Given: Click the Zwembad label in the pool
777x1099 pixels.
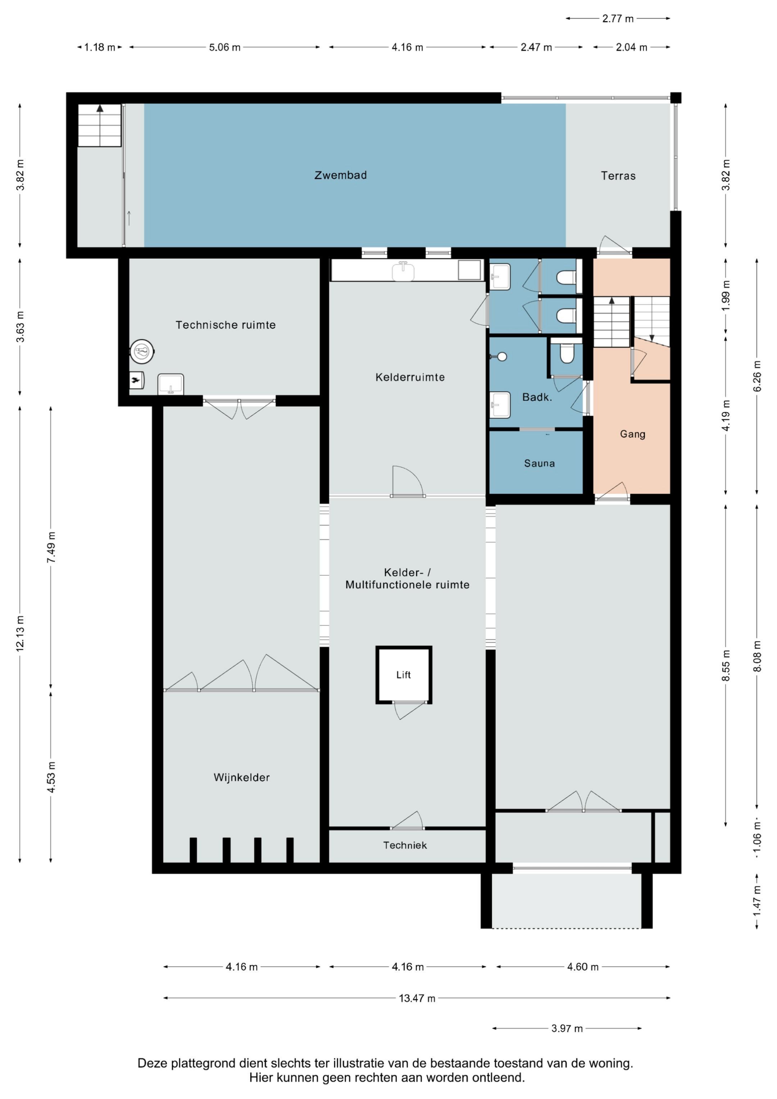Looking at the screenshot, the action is pos(340,175).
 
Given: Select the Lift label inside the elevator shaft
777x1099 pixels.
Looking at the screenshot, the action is pos(404,675).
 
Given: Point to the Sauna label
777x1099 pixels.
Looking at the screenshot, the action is pos(540,463).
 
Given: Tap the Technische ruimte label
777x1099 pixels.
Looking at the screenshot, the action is pos(226,325).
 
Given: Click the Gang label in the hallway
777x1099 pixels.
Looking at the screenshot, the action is pos(632,434).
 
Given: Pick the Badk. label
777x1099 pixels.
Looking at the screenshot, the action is pos(537,397).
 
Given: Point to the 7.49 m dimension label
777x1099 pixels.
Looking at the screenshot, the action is pos(51,547).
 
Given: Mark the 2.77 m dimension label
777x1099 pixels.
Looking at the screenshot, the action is pos(618,19).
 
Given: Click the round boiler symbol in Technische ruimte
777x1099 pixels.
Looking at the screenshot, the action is pos(142,351).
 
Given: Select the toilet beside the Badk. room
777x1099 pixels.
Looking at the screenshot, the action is pos(566,353).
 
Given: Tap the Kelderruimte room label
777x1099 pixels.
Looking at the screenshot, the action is pos(410,377).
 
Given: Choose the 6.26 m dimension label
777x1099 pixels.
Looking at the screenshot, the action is pos(757,376).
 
